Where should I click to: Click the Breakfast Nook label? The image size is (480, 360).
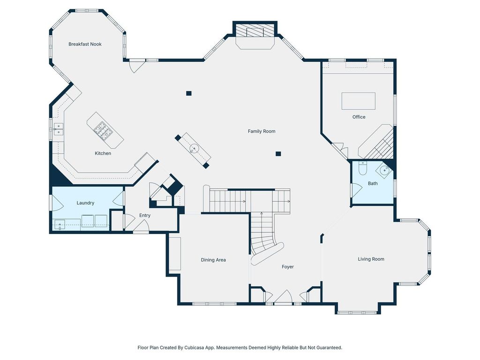[85, 44]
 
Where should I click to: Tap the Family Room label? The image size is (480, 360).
[262, 131]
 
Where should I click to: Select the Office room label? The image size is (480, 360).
[359, 117]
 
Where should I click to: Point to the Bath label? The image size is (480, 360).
[373, 183]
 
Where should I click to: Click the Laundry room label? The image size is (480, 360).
[85, 203]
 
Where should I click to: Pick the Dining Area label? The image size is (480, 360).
[213, 260]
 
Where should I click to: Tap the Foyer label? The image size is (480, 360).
[287, 267]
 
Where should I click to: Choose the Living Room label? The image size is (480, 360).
[371, 259]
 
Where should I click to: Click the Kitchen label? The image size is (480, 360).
[103, 153]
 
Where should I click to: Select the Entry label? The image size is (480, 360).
[145, 216]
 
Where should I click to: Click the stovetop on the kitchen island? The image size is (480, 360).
[103, 131]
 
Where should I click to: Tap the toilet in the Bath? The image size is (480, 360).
[362, 168]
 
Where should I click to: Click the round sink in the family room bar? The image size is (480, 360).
[194, 149]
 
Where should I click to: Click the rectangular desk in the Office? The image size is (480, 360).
[359, 101]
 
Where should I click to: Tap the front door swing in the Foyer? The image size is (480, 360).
[283, 296]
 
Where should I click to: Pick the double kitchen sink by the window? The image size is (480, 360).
[59, 129]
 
